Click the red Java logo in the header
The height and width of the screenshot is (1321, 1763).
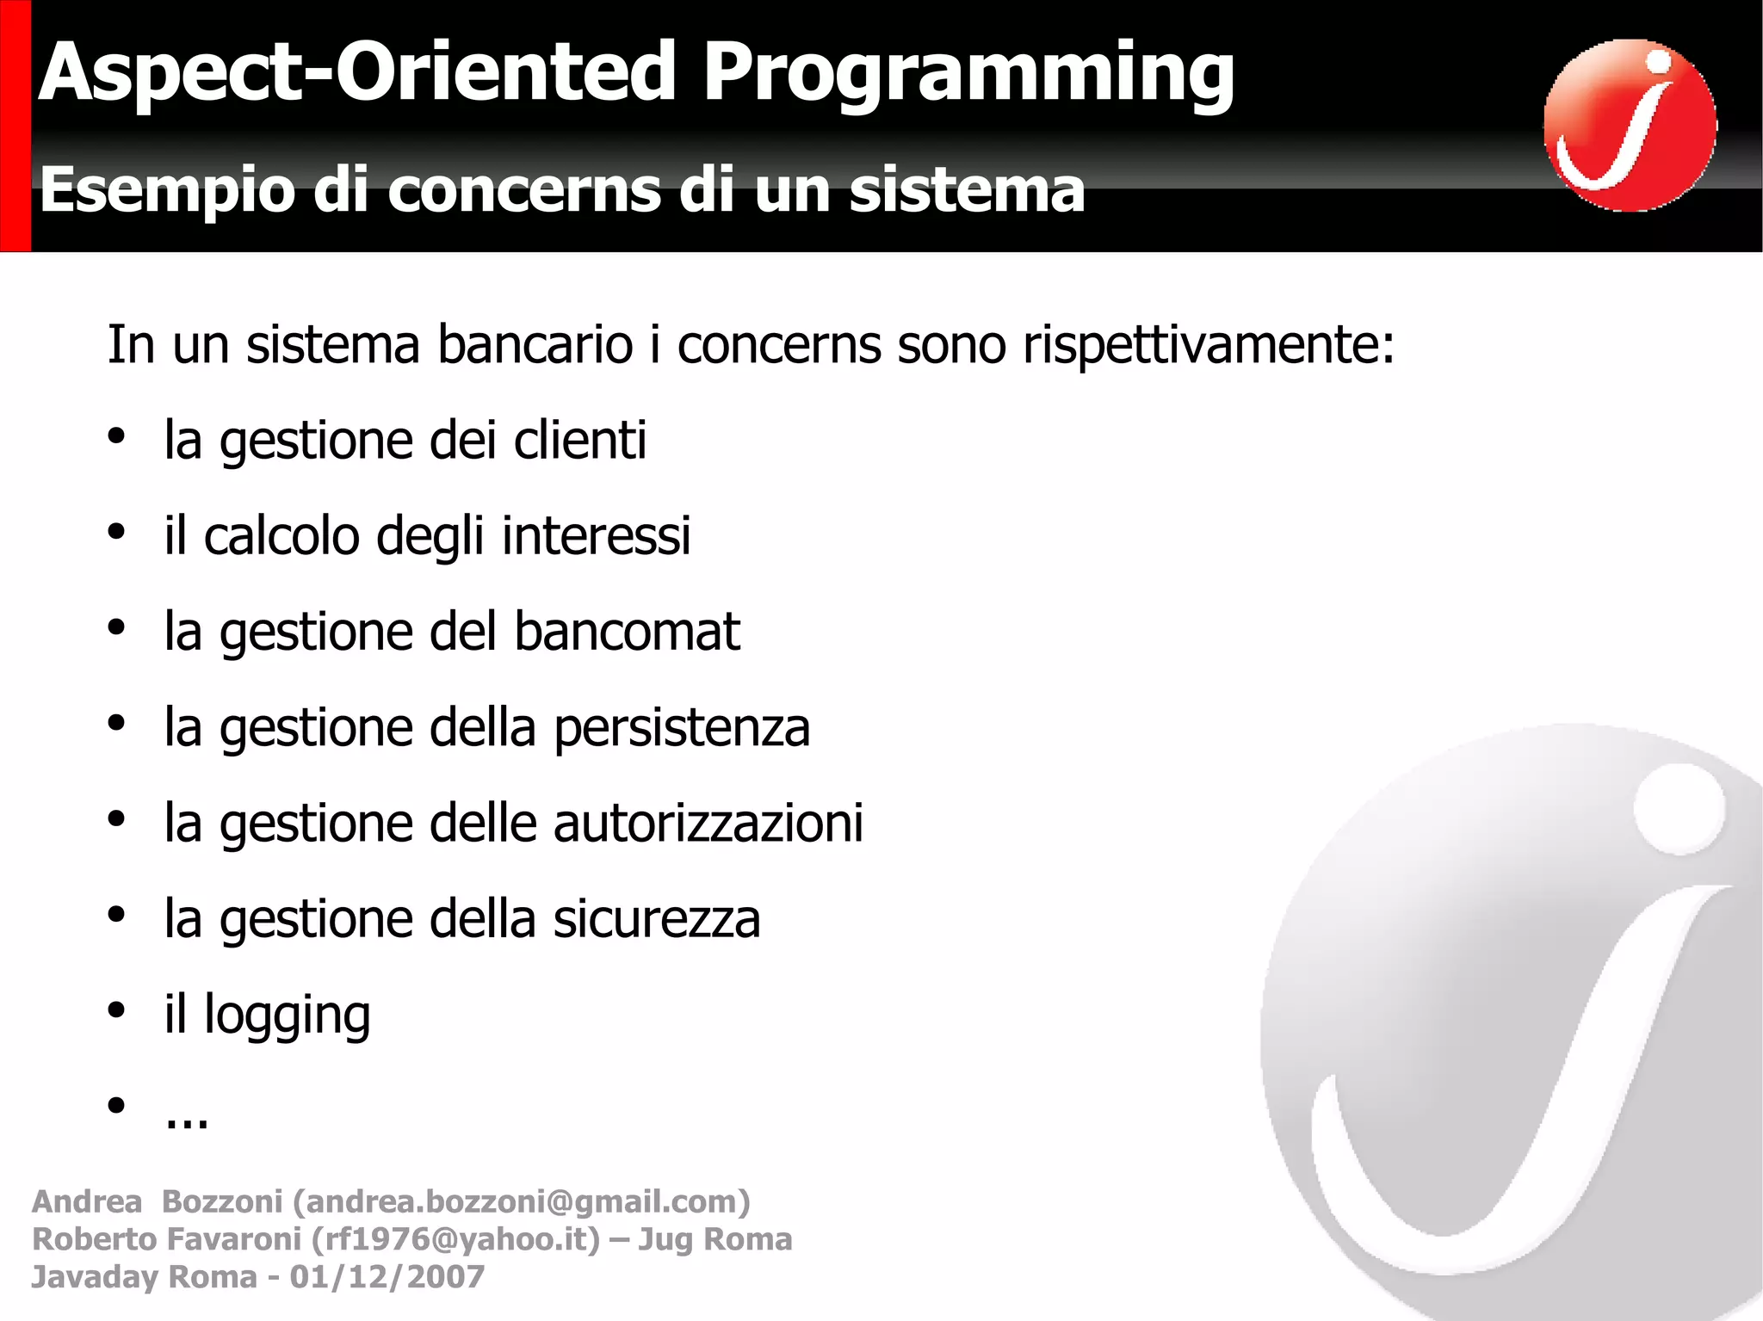pos(1629,125)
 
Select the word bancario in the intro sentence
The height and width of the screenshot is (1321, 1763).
pos(535,345)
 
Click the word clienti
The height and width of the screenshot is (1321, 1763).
pos(579,440)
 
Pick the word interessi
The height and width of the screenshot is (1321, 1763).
pos(596,535)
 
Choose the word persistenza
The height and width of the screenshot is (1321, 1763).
pos(681,727)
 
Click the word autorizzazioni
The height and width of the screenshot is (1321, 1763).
pos(708,823)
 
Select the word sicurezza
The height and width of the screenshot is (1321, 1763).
pos(657,918)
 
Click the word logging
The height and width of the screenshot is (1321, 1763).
pos(287,1015)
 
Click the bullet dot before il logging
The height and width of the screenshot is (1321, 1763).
pos(116,1011)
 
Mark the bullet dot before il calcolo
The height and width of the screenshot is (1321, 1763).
pos(116,532)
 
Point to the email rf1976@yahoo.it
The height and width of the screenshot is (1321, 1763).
pos(455,1239)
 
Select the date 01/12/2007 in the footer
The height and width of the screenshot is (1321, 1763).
pos(387,1277)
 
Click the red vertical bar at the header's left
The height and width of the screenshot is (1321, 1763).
pos(15,126)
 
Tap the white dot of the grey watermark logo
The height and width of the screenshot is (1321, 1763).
pos(1679,809)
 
